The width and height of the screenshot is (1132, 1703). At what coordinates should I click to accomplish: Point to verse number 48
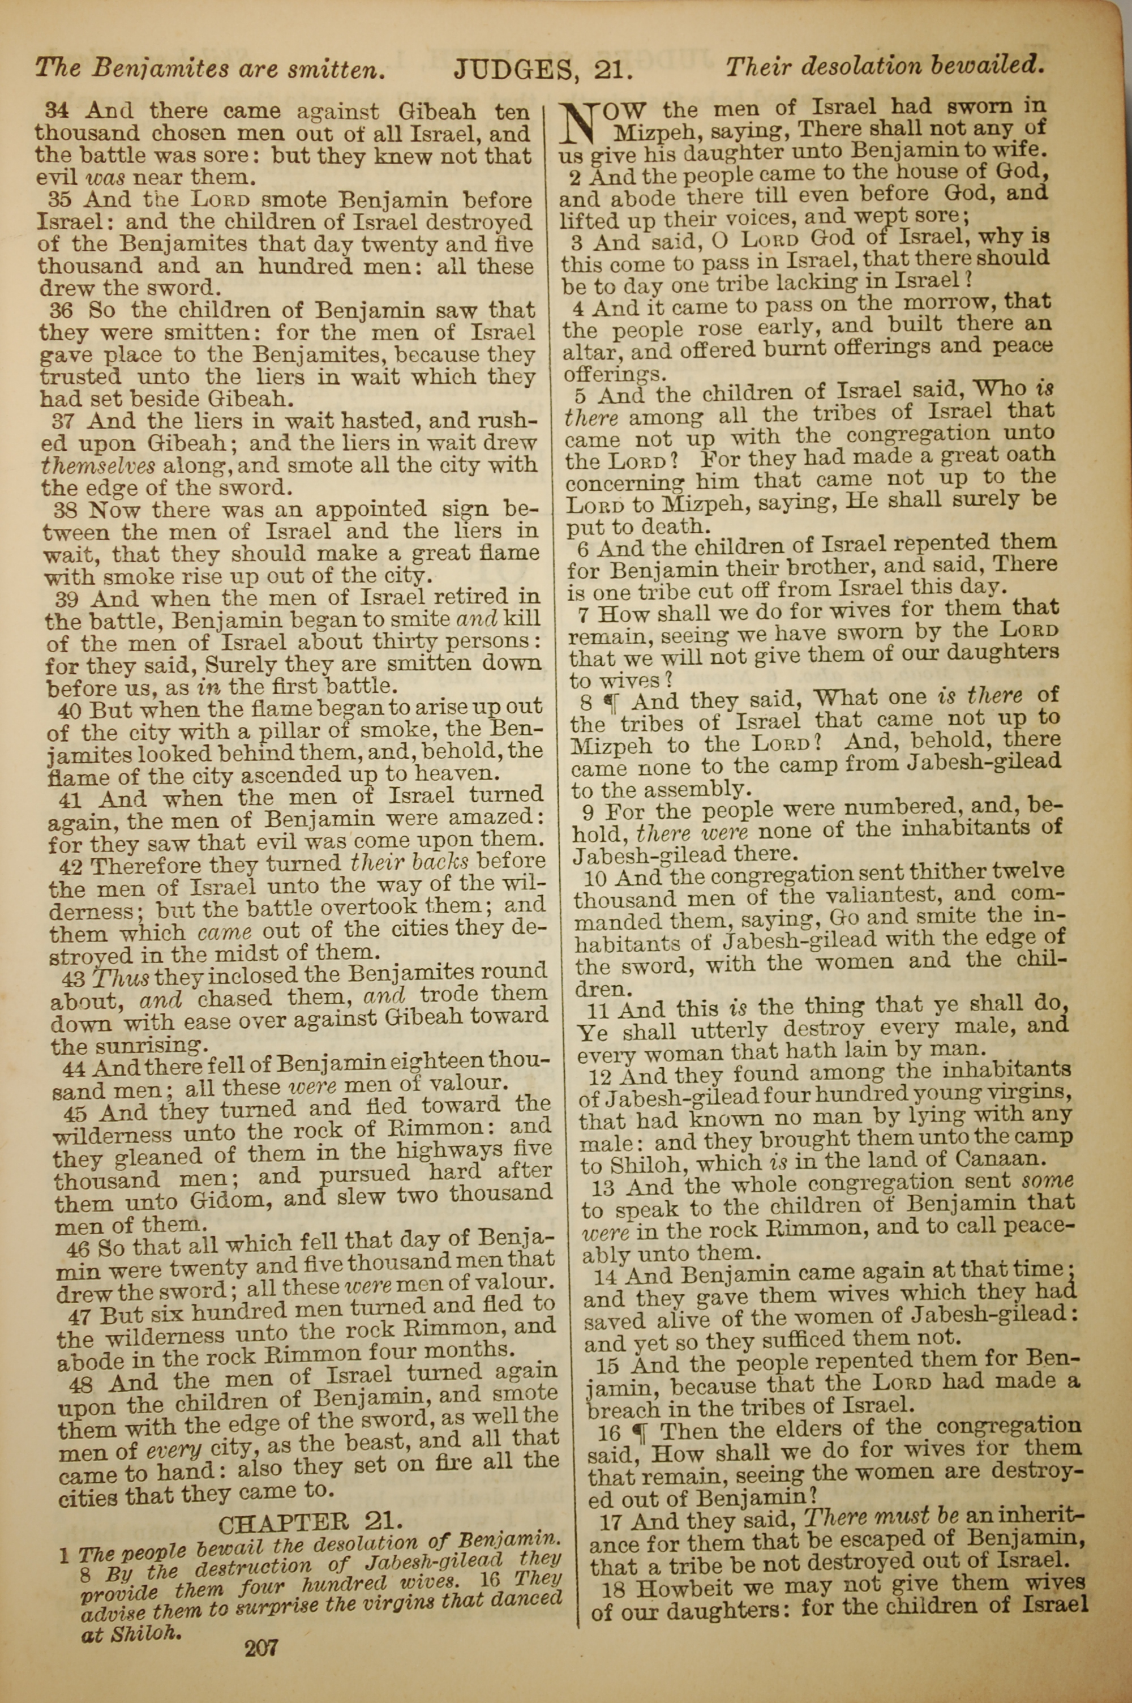coord(84,1383)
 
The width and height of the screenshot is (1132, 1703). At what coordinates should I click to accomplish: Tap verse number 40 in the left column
coord(71,709)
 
